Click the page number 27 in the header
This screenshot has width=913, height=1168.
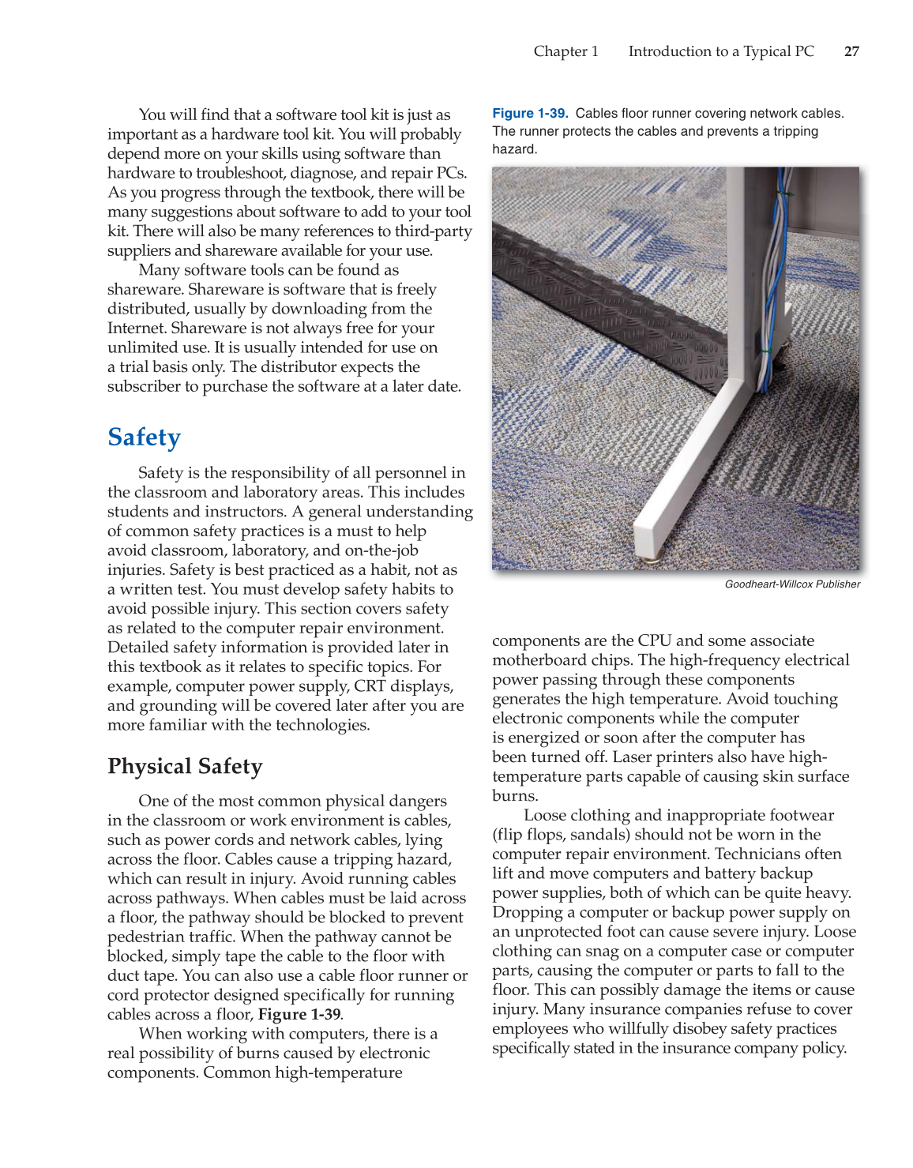pyautogui.click(x=851, y=51)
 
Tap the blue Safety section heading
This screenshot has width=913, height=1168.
pyautogui.click(x=145, y=438)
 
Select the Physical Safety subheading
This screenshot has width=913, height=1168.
pyautogui.click(x=185, y=767)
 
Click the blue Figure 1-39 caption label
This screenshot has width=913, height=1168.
pyautogui.click(x=530, y=114)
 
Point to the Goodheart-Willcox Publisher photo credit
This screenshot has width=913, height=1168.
pyautogui.click(x=792, y=584)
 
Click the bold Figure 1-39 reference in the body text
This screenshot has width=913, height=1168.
pyautogui.click(x=299, y=1014)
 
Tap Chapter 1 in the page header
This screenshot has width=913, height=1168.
pyautogui.click(x=565, y=51)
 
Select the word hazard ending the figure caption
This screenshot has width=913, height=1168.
pyautogui.click(x=514, y=149)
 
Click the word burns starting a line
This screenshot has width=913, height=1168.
pyautogui.click(x=514, y=795)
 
